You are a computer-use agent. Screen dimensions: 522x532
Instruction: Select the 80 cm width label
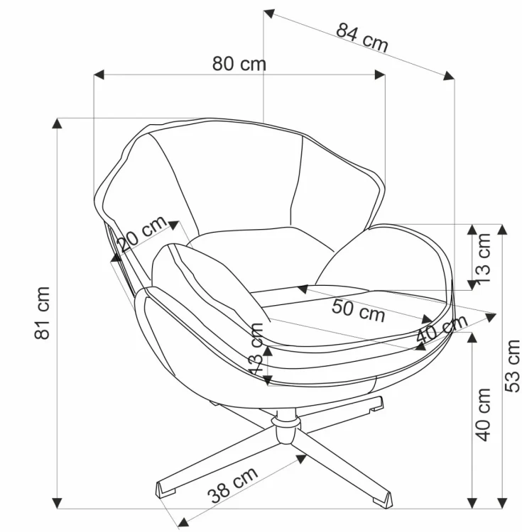click(x=239, y=64)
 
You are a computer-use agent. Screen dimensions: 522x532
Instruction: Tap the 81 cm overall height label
click(x=43, y=313)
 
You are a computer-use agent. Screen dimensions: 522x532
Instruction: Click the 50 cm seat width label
click(x=359, y=311)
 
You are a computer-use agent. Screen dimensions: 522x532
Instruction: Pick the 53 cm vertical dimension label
click(x=513, y=366)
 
